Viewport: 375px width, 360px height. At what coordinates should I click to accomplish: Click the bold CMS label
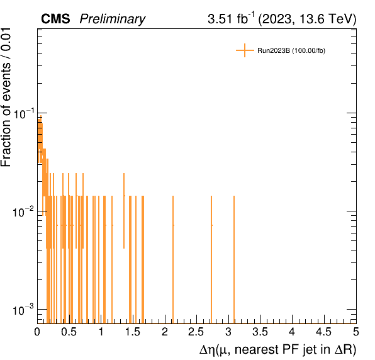[x=55, y=19]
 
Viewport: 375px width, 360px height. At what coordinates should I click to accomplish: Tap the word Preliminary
[x=113, y=19]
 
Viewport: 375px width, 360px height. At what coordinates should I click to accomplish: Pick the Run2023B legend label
[x=291, y=51]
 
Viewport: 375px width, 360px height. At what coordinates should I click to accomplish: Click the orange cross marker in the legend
[x=245, y=50]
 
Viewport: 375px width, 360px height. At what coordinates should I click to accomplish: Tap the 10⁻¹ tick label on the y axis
[x=23, y=114]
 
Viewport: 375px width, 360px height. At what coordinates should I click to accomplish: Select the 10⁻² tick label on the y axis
[x=23, y=212]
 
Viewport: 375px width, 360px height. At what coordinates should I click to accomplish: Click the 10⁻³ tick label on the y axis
[x=23, y=310]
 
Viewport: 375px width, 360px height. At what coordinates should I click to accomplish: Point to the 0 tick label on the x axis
[x=37, y=332]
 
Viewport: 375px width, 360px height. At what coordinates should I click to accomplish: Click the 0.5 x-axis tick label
[x=69, y=332]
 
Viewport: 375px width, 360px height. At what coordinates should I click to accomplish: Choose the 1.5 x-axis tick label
[x=133, y=332]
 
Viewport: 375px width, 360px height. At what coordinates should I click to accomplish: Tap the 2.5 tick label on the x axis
[x=196, y=332]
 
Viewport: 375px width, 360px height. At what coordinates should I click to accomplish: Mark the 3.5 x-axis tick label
[x=260, y=332]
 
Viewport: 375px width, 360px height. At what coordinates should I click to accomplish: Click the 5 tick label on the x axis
[x=356, y=332]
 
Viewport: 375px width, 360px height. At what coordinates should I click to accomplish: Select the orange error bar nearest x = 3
[x=234, y=259]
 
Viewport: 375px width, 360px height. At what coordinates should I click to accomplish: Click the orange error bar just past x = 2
[x=173, y=259]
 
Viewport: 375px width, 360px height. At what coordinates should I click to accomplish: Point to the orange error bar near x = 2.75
[x=211, y=259]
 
